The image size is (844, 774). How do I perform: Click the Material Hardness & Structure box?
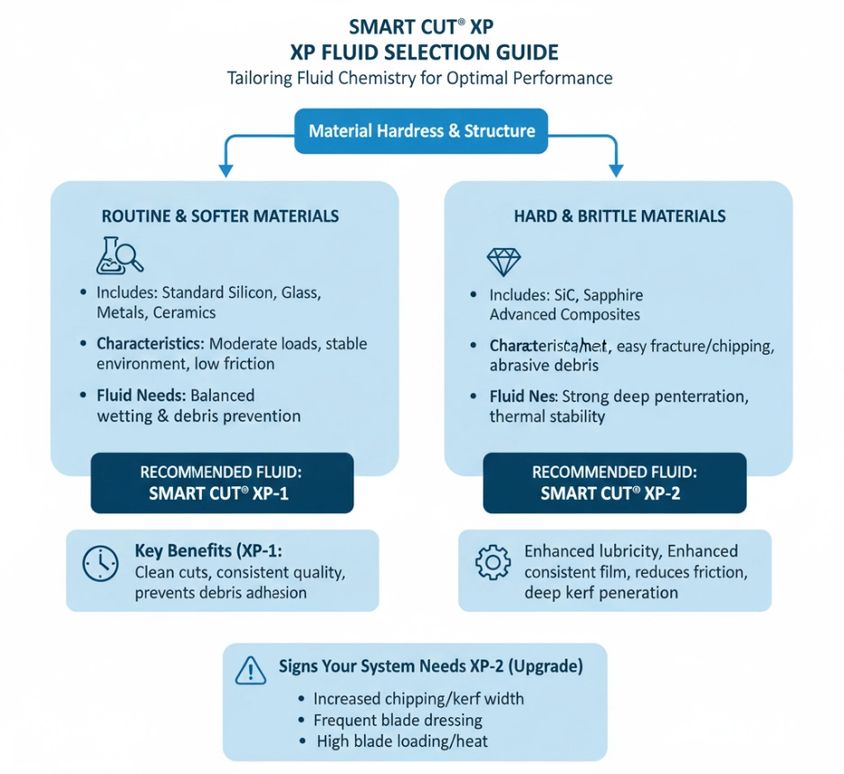coord(421,131)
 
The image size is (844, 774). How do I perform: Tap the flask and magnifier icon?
coord(119,256)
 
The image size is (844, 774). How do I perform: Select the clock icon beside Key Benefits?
coord(100,563)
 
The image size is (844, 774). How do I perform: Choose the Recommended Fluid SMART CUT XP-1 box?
coord(223,483)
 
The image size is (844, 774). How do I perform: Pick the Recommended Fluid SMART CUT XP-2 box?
coord(615,483)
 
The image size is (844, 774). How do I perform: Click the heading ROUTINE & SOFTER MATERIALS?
coord(220,217)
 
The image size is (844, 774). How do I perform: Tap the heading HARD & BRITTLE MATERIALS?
coord(619,217)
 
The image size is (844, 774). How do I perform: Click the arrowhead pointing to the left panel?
coord(224,169)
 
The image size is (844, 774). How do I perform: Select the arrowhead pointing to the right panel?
coord(617,169)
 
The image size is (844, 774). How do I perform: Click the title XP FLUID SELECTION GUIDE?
coord(421,51)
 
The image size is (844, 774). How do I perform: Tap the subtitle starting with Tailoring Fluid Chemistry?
coord(421,78)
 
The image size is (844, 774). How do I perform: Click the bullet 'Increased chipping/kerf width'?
coord(417,699)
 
